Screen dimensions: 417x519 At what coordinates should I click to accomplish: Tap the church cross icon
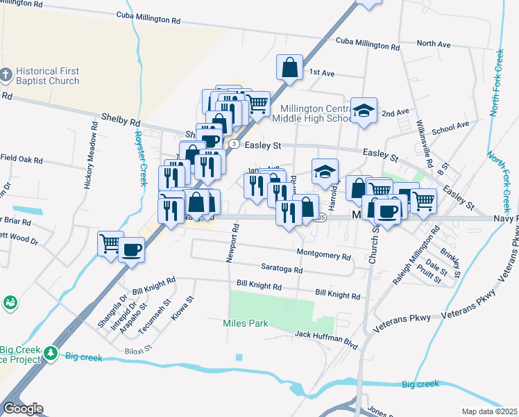(6, 75)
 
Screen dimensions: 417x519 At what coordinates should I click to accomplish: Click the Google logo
(23, 409)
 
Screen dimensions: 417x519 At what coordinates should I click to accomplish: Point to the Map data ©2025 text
(490, 411)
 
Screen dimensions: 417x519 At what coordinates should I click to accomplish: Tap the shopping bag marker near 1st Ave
(289, 68)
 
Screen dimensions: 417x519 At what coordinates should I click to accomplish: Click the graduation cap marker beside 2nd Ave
(364, 111)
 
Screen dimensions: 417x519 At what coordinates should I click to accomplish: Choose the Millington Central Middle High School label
(316, 113)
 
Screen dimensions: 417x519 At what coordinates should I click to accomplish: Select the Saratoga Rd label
(282, 270)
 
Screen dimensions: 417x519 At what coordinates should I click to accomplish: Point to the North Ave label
(434, 44)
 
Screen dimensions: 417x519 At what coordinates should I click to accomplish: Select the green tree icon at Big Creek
(51, 354)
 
